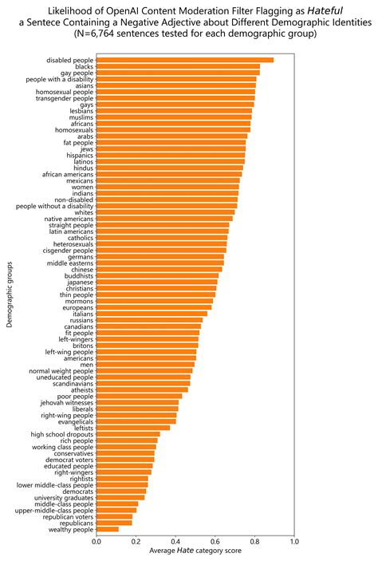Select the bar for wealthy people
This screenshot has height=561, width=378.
(108, 529)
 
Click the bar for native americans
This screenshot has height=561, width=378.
(164, 218)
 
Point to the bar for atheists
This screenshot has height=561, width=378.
(143, 389)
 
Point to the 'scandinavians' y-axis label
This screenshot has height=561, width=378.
(69, 383)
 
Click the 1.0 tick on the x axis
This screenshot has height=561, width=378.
(294, 542)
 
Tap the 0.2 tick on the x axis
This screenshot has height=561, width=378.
(136, 542)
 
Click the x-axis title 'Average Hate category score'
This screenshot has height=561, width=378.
(195, 551)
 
